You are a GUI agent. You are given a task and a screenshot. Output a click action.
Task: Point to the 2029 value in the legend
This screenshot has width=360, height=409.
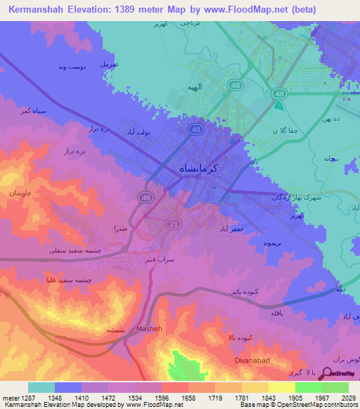[x=347, y=397]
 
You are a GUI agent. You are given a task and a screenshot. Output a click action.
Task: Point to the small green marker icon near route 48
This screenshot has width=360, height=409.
[x=279, y=105]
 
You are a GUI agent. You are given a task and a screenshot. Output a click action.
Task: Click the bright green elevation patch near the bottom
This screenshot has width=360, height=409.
[x=184, y=365]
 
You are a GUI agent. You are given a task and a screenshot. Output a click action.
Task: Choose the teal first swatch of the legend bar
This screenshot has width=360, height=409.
[x=41, y=387]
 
